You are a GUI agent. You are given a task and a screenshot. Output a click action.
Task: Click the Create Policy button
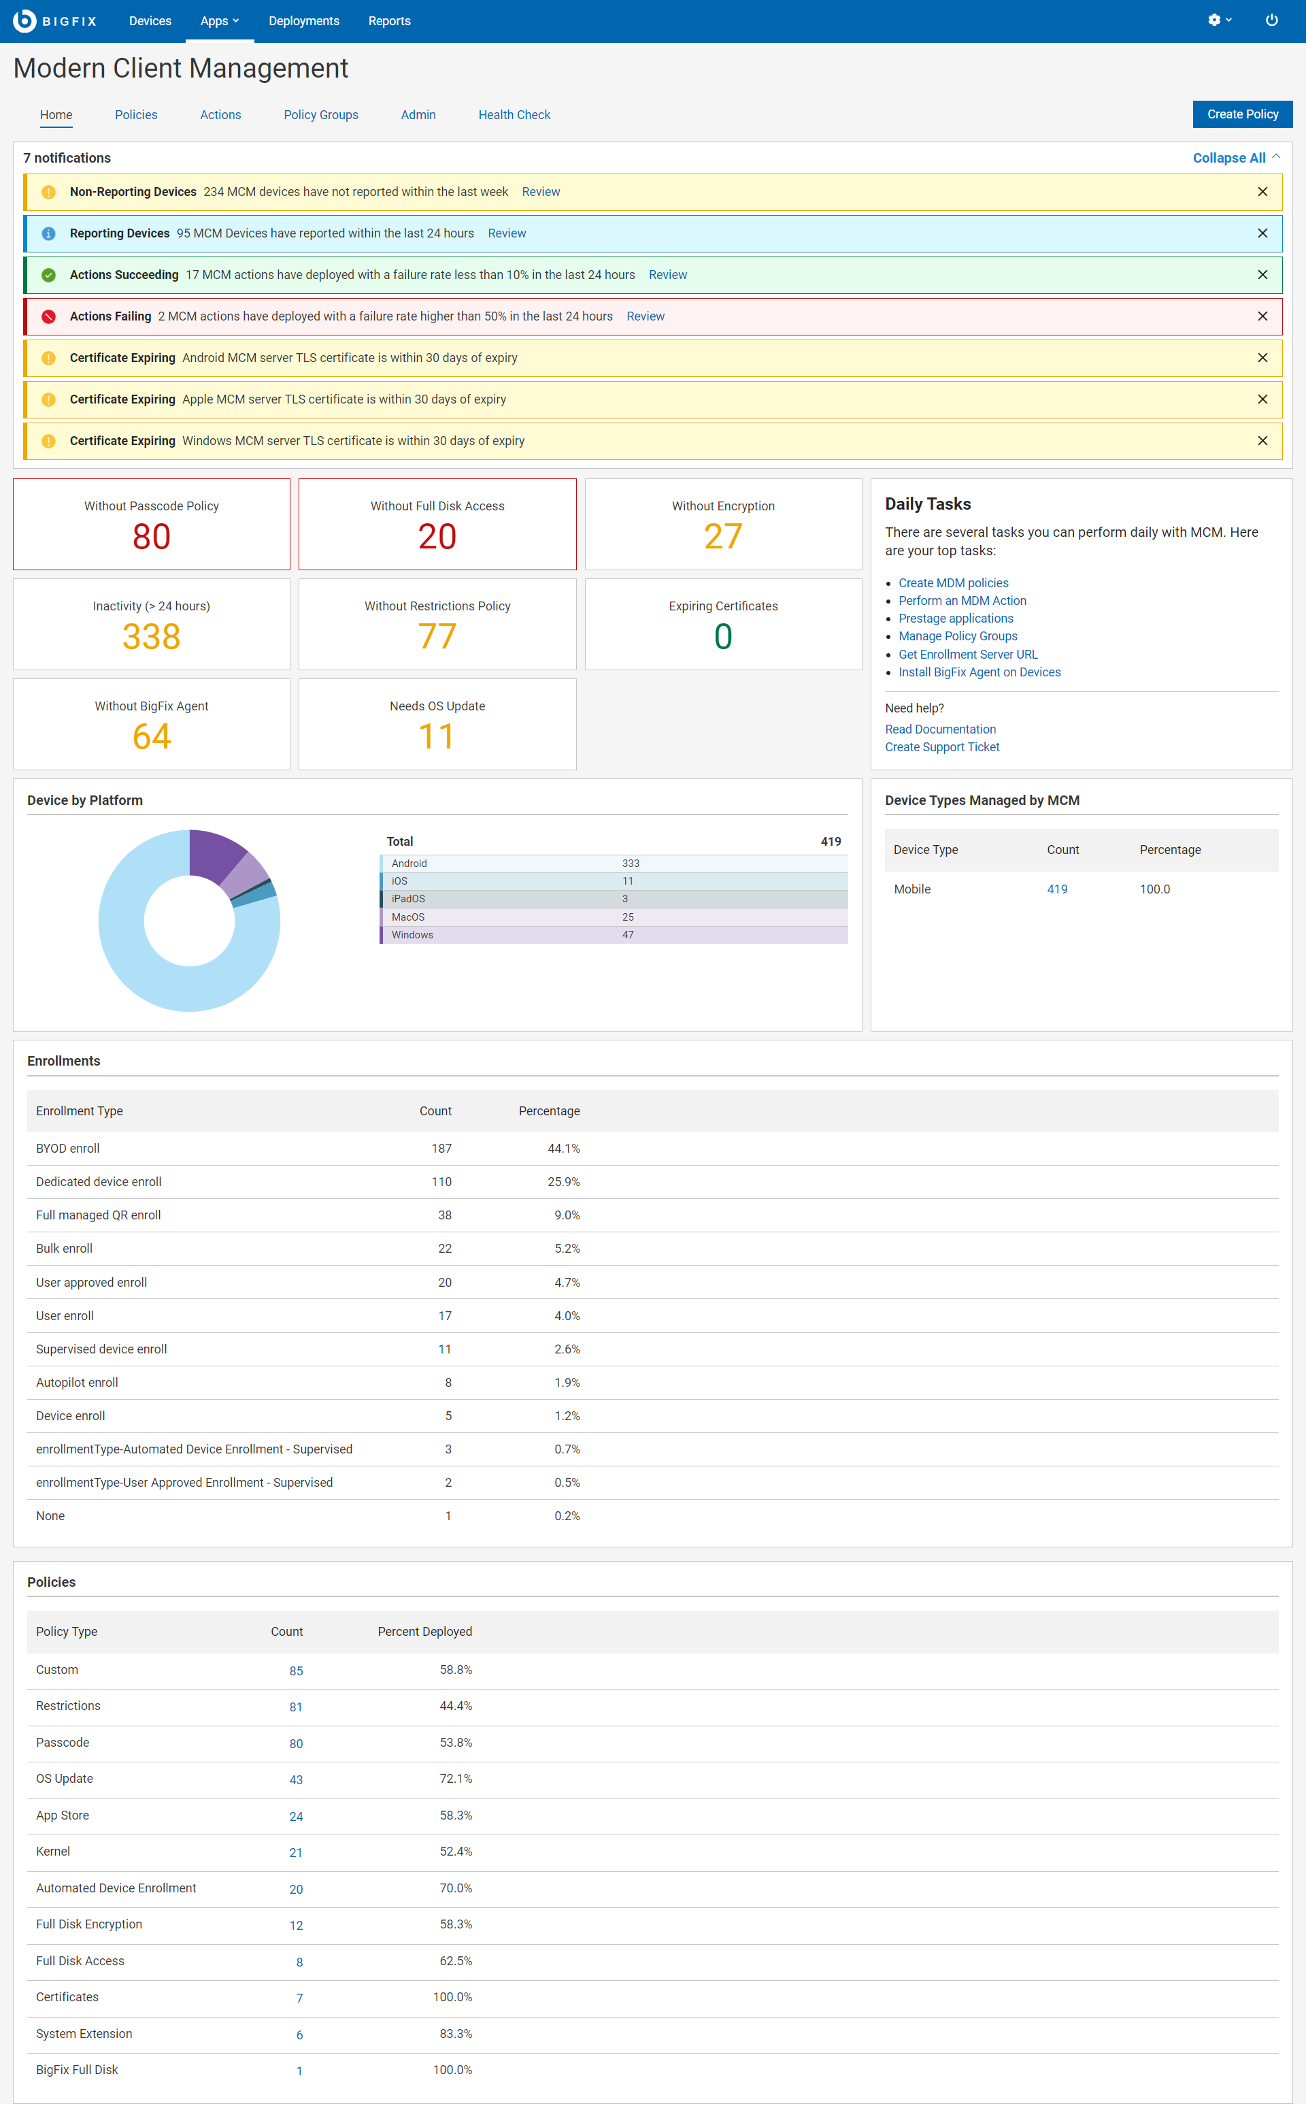click(x=1241, y=114)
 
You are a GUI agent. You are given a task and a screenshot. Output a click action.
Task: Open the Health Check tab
click(x=514, y=115)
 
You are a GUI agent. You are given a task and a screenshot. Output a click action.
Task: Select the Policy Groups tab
click(x=320, y=115)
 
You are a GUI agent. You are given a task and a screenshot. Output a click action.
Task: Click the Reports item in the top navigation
click(x=388, y=20)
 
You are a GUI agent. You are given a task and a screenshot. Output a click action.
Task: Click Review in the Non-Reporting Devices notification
click(x=541, y=192)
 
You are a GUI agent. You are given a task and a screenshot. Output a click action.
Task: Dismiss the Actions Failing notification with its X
click(x=1262, y=316)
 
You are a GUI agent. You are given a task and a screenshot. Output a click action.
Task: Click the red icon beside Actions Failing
click(x=49, y=316)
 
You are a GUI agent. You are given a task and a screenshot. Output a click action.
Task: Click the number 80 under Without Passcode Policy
click(x=151, y=536)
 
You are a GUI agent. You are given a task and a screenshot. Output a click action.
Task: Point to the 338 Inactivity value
click(x=151, y=637)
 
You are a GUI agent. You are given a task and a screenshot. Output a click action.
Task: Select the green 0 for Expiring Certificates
click(x=723, y=637)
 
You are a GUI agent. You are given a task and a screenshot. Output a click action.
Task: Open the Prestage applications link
click(x=955, y=619)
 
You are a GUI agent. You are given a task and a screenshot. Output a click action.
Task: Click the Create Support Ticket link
click(x=941, y=747)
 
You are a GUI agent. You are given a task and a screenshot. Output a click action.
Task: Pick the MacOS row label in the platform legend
click(x=407, y=917)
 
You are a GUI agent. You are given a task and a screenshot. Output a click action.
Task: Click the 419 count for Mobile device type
click(x=1056, y=889)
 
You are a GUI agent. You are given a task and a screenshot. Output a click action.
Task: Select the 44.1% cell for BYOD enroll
click(x=563, y=1148)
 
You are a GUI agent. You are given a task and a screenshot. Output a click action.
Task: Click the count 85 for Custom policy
click(x=295, y=1671)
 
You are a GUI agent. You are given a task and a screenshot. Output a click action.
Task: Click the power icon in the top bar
click(x=1271, y=20)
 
